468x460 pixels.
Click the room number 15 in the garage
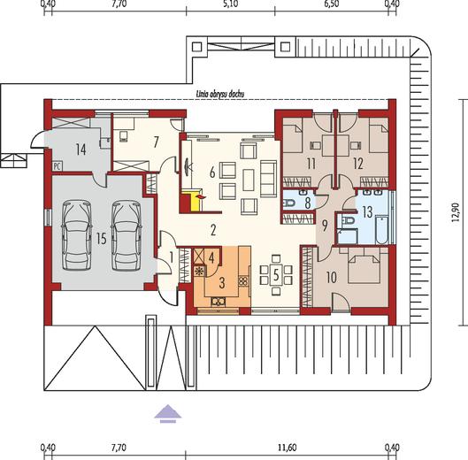click(x=102, y=239)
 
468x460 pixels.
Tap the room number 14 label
click(x=81, y=149)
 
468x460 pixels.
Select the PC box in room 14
click(x=57, y=166)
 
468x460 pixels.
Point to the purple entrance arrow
click(x=168, y=414)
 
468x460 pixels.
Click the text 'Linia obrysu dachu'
click(x=220, y=94)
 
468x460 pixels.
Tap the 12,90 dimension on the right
click(x=455, y=212)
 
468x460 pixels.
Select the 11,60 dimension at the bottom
click(x=288, y=448)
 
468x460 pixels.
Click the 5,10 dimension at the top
click(x=230, y=4)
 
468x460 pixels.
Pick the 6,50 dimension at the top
click(x=331, y=4)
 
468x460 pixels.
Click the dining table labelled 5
click(x=276, y=275)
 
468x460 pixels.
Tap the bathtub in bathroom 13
click(x=381, y=230)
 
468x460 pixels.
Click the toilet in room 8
click(x=288, y=203)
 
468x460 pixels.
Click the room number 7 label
click(x=156, y=142)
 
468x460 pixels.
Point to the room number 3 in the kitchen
click(x=222, y=283)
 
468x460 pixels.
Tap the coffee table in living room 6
click(x=249, y=180)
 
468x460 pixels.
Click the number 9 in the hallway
click(x=325, y=226)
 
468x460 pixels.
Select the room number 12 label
click(x=358, y=164)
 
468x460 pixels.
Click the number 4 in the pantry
click(x=211, y=258)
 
